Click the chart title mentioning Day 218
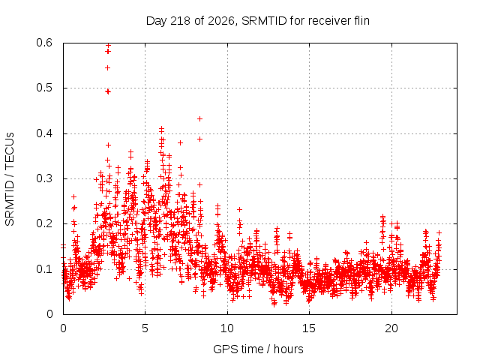pyautogui.click(x=258, y=21)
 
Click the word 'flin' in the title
pyautogui.click(x=361, y=20)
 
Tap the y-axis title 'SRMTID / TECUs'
pyautogui.click(x=10, y=179)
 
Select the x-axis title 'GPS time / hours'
pyautogui.click(x=258, y=349)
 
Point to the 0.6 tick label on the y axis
pyautogui.click(x=44, y=43)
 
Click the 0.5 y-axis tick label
pyautogui.click(x=44, y=88)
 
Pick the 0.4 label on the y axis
pyautogui.click(x=44, y=133)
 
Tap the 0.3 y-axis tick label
pyautogui.click(x=44, y=178)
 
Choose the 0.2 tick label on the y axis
pyautogui.click(x=44, y=223)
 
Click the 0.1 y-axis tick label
pyautogui.click(x=44, y=269)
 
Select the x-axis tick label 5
pyautogui.click(x=145, y=328)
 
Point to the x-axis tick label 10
pyautogui.click(x=227, y=328)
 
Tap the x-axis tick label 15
pyautogui.click(x=309, y=328)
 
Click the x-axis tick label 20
pyautogui.click(x=391, y=328)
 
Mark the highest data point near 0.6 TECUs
pyautogui.click(x=108, y=46)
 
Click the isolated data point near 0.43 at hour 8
pyautogui.click(x=200, y=118)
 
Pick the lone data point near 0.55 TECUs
pyautogui.click(x=107, y=68)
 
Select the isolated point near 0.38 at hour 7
pyautogui.click(x=180, y=142)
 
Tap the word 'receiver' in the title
pyautogui.click(x=330, y=21)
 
